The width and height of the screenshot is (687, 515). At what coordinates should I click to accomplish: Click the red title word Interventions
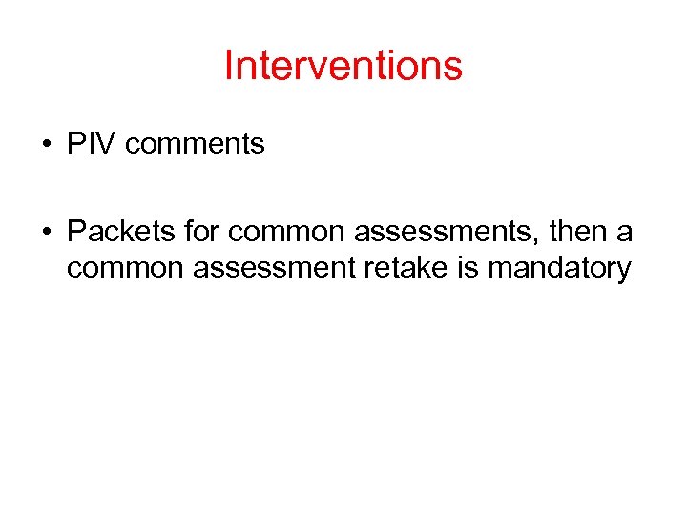point(343,66)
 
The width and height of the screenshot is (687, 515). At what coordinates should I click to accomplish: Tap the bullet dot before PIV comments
point(46,146)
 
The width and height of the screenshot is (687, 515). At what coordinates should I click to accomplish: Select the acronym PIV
point(92,144)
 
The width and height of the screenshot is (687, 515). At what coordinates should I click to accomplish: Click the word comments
point(195,145)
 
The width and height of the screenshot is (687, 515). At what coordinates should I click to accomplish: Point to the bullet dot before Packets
point(46,232)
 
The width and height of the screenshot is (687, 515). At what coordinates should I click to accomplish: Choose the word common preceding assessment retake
point(125,268)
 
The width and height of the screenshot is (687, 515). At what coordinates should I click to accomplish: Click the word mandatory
point(559,268)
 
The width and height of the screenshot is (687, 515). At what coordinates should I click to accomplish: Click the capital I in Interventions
point(228,66)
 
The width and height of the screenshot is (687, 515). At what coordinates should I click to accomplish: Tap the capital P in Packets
point(76,232)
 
